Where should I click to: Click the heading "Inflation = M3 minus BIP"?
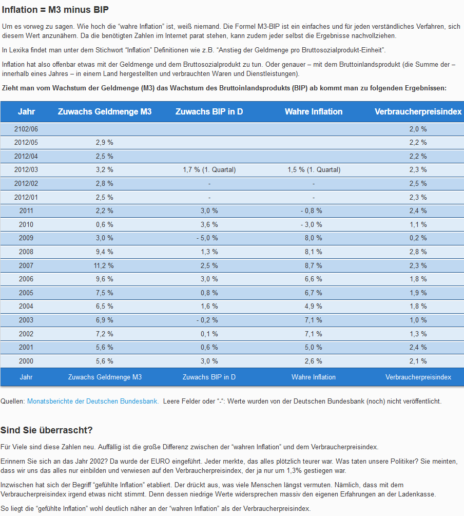[55, 10]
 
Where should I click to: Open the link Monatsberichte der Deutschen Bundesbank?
[92, 401]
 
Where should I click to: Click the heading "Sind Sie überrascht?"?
[46, 430]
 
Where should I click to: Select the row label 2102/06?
[26, 129]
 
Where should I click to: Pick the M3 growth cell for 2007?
[104, 265]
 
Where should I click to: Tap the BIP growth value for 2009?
[209, 238]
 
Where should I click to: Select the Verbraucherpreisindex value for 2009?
[418, 238]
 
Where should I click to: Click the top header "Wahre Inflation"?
[313, 111]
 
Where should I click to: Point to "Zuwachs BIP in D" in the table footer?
[209, 377]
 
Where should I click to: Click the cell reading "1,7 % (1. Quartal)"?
[209, 170]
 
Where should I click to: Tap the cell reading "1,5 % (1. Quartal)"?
[313, 170]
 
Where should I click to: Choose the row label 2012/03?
[26, 170]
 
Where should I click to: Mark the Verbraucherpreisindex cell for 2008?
[418, 252]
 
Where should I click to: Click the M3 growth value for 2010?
[104, 224]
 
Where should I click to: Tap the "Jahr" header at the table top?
[26, 111]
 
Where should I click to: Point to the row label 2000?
[26, 361]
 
